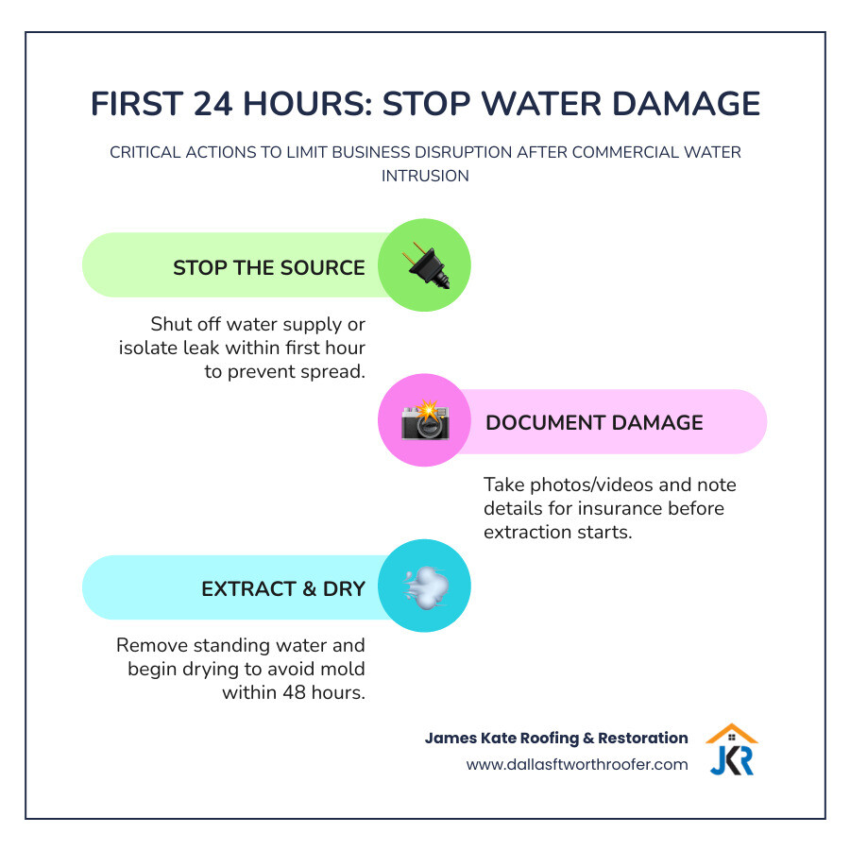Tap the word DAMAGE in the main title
coord(674,104)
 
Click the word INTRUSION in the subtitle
coord(425,176)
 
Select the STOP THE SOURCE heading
coord(268,267)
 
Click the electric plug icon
coord(424,266)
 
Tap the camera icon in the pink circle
coord(424,421)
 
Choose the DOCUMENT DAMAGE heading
coord(594,422)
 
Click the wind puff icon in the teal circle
coord(424,586)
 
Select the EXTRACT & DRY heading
coord(282,588)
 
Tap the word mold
coord(341,669)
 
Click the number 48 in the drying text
coord(291,692)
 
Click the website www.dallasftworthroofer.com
coord(577,764)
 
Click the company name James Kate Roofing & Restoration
coord(556,738)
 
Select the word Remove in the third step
coord(146,646)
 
